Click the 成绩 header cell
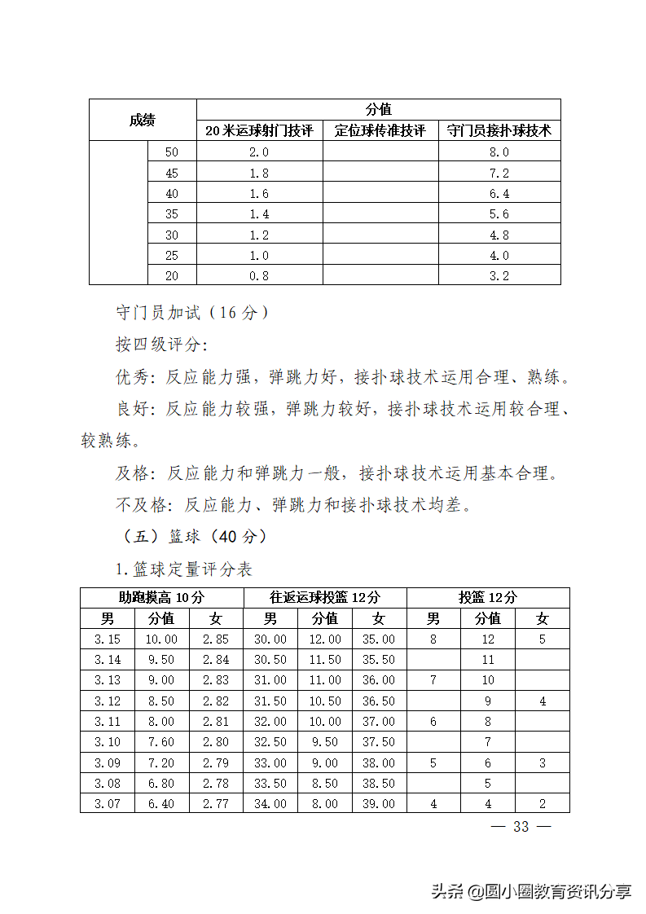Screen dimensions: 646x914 (143, 121)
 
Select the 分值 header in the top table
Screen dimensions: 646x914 (378, 110)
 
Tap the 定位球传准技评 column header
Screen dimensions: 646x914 (380, 130)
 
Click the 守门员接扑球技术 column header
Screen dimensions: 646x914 (499, 130)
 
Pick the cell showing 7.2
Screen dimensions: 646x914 (499, 173)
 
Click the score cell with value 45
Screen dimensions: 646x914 (171, 173)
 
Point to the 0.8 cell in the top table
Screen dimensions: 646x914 (259, 275)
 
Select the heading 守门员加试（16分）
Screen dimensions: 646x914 (192, 313)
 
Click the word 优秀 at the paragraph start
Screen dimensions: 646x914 (133, 377)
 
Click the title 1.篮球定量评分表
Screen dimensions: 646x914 (183, 569)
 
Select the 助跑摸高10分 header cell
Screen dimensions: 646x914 (161, 597)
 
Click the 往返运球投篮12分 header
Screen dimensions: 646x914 (325, 597)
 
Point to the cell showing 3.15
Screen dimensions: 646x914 (108, 639)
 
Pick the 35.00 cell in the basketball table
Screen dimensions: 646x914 (379, 639)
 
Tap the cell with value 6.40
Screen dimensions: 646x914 (161, 804)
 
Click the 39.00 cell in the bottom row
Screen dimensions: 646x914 (379, 804)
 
